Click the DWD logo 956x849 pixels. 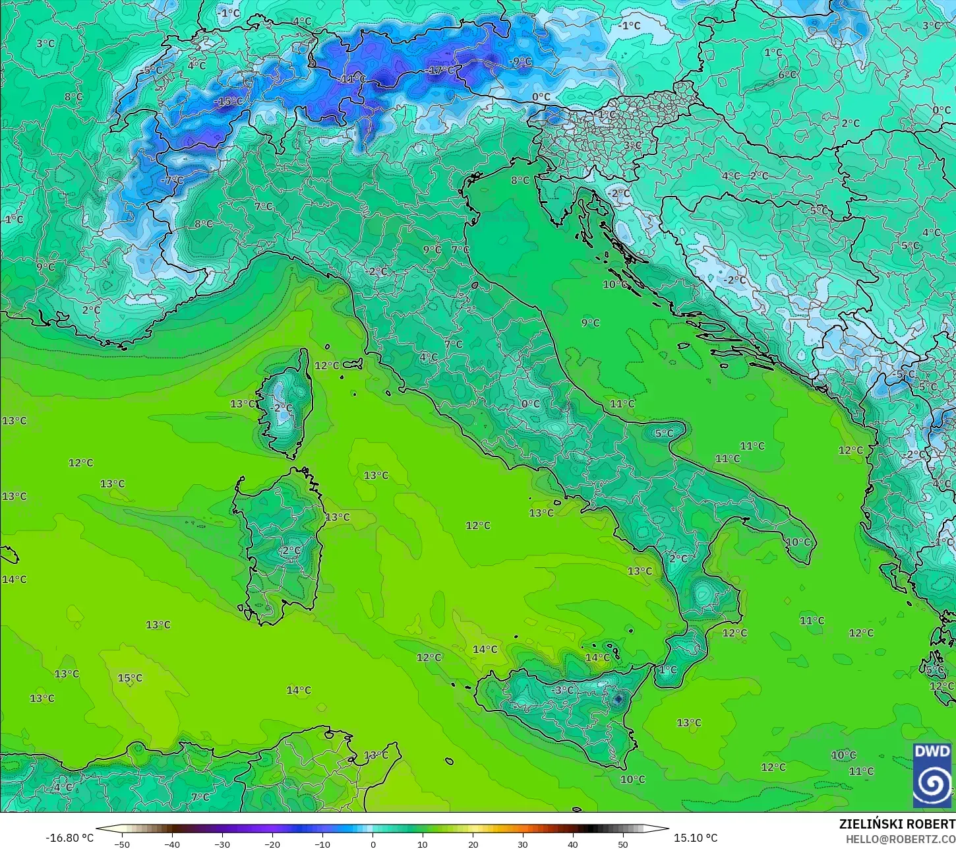click(932, 775)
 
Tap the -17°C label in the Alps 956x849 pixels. click(441, 70)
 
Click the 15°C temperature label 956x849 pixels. click(130, 678)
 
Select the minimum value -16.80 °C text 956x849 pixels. click(69, 838)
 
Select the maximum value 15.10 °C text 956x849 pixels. click(696, 838)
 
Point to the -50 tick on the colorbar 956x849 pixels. click(122, 844)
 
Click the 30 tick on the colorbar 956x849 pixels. click(523, 844)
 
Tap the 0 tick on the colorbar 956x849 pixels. click(373, 844)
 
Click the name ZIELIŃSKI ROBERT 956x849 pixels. click(897, 824)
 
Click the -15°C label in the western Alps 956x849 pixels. click(228, 102)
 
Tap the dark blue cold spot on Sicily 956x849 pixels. click(618, 699)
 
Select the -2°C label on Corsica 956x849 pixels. click(282, 408)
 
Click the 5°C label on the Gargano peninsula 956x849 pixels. click(664, 433)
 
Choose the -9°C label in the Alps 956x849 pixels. click(520, 62)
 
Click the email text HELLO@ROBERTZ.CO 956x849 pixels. click(901, 838)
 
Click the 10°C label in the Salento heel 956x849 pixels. click(798, 542)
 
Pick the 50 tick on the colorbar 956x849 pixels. click(623, 844)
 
